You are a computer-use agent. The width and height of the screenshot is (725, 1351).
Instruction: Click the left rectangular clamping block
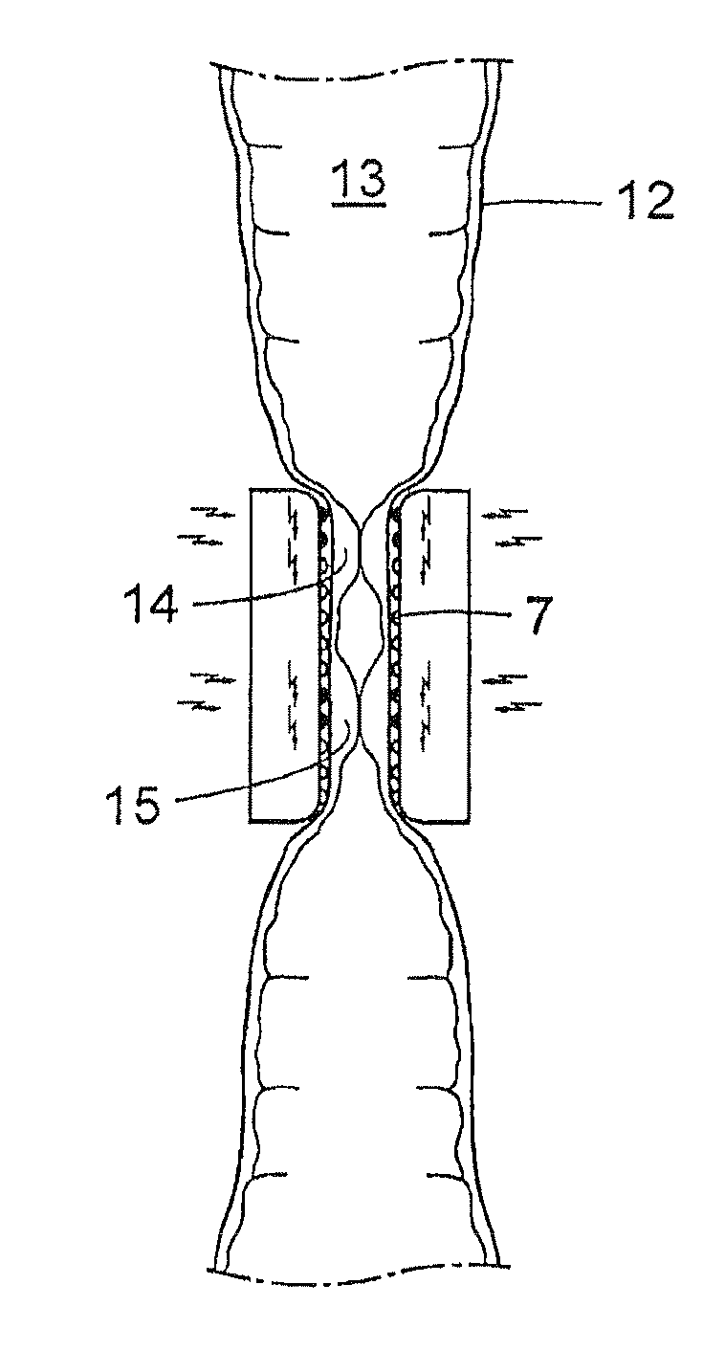[277, 654]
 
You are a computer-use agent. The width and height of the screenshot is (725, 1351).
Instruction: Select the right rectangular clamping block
[440, 654]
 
